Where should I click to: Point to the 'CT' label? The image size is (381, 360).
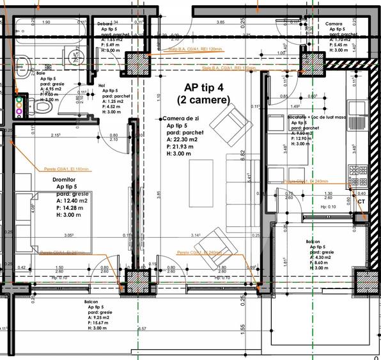pos(362,201)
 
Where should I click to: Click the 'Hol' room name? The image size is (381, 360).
pos(102,84)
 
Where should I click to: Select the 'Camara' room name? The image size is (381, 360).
pos(334,24)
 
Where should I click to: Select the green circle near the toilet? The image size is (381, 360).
pos(19,100)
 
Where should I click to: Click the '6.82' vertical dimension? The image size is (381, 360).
pos(243,155)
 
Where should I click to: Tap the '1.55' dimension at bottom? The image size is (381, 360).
pos(243,327)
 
